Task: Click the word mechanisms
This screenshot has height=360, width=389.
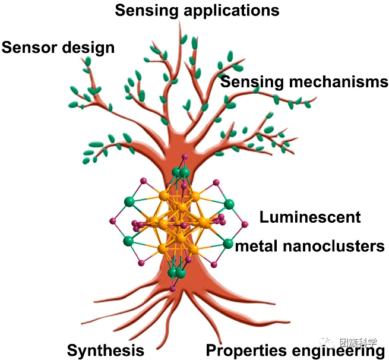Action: pyautogui.click(x=338, y=82)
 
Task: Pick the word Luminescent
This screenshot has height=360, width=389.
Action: pyautogui.click(x=309, y=217)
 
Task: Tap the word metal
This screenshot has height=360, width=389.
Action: pyautogui.click(x=257, y=245)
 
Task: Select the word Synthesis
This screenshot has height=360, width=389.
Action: pyautogui.click(x=105, y=350)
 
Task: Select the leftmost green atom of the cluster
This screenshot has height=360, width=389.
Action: pyautogui.click(x=128, y=201)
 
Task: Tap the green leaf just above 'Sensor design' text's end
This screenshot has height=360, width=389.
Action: pyautogui.click(x=88, y=61)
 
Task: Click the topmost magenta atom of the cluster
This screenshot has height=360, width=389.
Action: pyautogui.click(x=184, y=157)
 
